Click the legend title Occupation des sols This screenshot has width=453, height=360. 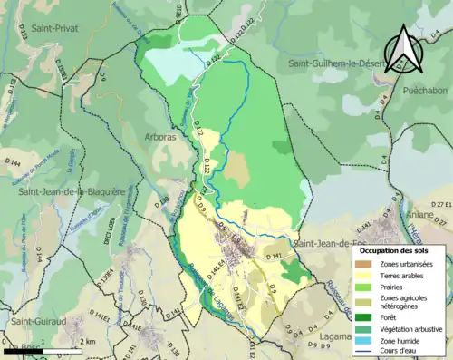[x=400, y=249]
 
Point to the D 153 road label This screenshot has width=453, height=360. [x=13, y=88]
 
